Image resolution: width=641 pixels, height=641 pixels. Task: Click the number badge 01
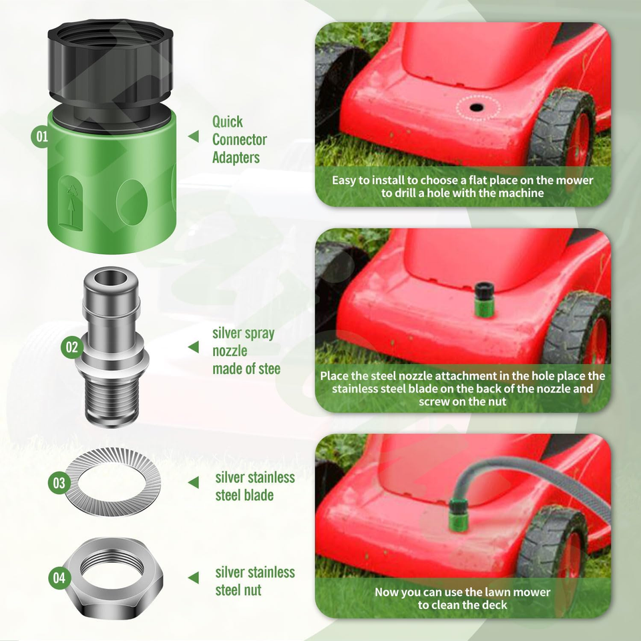click(x=41, y=137)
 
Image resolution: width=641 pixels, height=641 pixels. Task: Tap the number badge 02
click(x=71, y=347)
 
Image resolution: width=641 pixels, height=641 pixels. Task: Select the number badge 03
click(x=60, y=482)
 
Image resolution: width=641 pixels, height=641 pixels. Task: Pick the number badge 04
click(x=60, y=578)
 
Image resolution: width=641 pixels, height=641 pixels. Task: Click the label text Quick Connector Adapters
click(x=239, y=140)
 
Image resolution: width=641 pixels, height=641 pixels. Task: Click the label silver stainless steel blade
click(x=254, y=486)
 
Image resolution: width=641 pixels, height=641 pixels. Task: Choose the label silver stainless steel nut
click(x=254, y=581)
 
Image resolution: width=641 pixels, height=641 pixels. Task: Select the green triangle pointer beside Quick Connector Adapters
click(x=194, y=137)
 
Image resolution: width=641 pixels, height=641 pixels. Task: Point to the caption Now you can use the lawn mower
click(x=462, y=598)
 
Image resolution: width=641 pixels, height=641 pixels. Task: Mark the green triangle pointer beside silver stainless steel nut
click(x=194, y=578)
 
